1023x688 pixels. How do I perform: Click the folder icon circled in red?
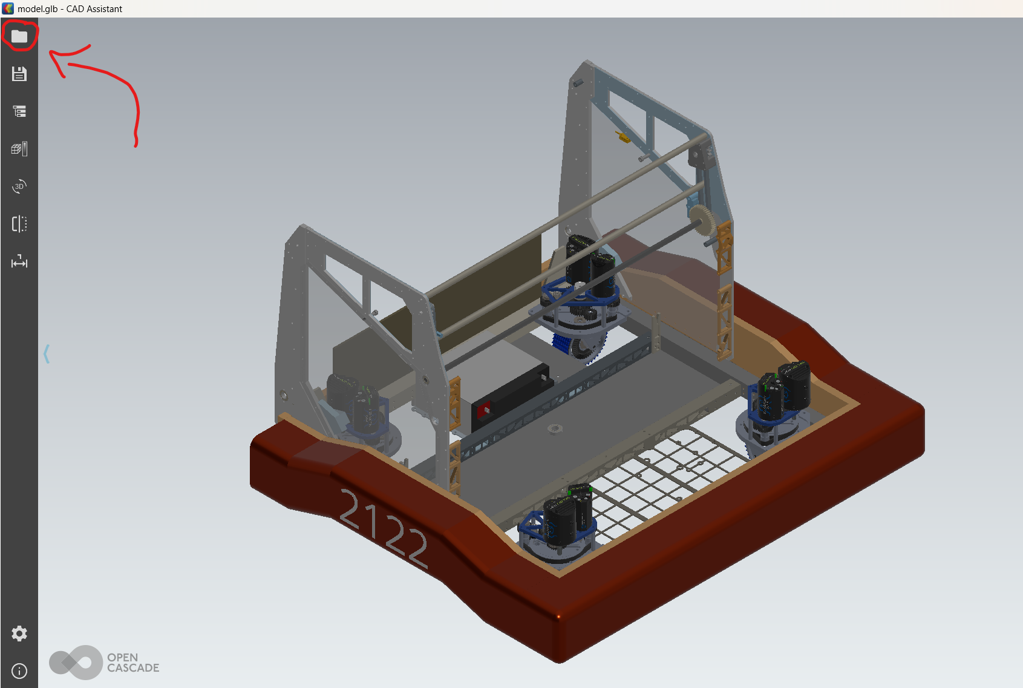[x=19, y=36]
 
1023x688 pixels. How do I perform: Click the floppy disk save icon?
[x=19, y=74]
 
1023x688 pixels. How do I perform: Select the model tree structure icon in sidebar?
[x=19, y=111]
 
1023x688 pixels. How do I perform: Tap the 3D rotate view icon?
[x=19, y=186]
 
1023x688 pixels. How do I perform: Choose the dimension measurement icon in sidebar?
[x=19, y=262]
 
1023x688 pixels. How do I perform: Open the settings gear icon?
[x=19, y=634]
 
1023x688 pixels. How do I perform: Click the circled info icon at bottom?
[x=19, y=671]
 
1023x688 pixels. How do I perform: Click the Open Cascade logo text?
[x=133, y=663]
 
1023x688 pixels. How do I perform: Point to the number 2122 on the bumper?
[x=384, y=529]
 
